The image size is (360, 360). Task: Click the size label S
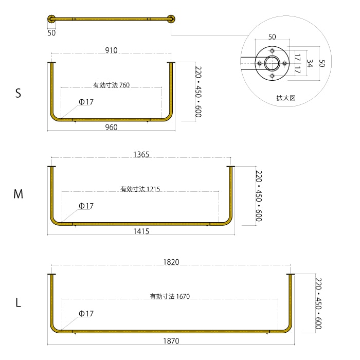[x=18, y=94]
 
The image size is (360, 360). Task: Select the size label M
[x=18, y=194]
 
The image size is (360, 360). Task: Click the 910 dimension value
[x=111, y=50]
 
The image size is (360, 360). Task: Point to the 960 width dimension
[x=111, y=127]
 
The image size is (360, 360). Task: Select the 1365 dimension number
[x=141, y=155]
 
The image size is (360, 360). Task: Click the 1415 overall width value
[x=141, y=232]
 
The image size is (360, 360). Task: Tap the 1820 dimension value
[x=171, y=262]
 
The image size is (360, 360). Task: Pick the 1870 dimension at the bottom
[x=171, y=341]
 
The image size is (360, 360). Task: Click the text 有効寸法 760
[x=111, y=85]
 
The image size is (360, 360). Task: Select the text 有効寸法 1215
[x=140, y=189]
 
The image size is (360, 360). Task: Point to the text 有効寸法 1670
[x=170, y=297]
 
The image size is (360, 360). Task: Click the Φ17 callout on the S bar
[x=86, y=102]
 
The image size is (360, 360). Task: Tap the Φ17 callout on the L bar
[x=86, y=314]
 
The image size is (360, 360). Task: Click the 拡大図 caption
[x=285, y=97]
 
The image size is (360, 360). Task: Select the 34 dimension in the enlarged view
[x=310, y=63]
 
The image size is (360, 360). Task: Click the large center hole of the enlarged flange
[x=273, y=63]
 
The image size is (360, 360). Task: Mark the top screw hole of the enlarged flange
[x=273, y=50]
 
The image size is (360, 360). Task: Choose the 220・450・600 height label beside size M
[x=259, y=196]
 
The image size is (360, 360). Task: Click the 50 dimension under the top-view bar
[x=51, y=32]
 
